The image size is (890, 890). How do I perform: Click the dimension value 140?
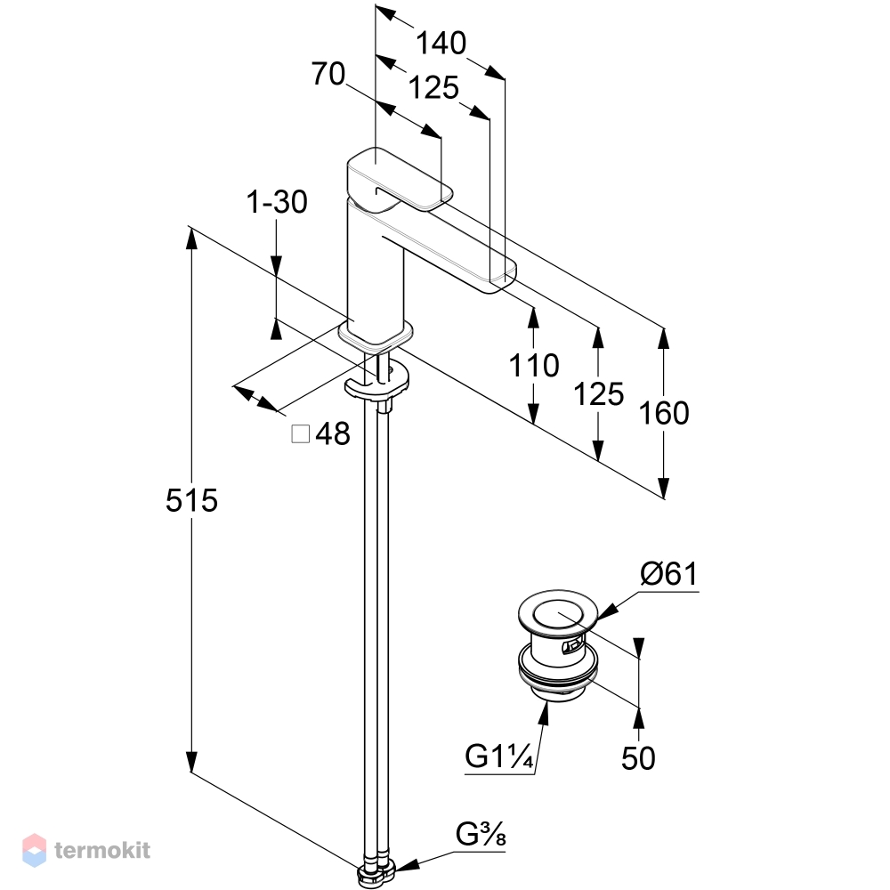pos(441,43)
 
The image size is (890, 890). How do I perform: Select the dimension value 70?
pos(328,74)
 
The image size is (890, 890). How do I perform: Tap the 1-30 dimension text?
pos(277,201)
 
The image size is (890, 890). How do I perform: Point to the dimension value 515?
pos(191,500)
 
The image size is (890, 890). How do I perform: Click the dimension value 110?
pos(533,365)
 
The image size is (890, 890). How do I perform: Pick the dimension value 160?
pos(664,413)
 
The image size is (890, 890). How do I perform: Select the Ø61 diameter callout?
pos(668,574)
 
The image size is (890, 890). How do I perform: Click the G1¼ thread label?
pos(499,756)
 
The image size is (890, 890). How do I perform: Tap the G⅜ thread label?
pos(481,835)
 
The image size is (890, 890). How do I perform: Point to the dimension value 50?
pos(638,758)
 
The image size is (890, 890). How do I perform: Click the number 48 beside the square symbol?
pos(333,434)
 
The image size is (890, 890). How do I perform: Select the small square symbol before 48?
pos(300,434)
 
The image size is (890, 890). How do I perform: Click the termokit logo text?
pos(102,850)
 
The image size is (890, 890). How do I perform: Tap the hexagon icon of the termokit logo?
pos(34,850)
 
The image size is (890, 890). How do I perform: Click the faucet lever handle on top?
pos(400,178)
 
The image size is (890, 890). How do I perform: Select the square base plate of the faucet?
pos(376,336)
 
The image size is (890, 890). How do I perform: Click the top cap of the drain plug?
pos(558,613)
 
